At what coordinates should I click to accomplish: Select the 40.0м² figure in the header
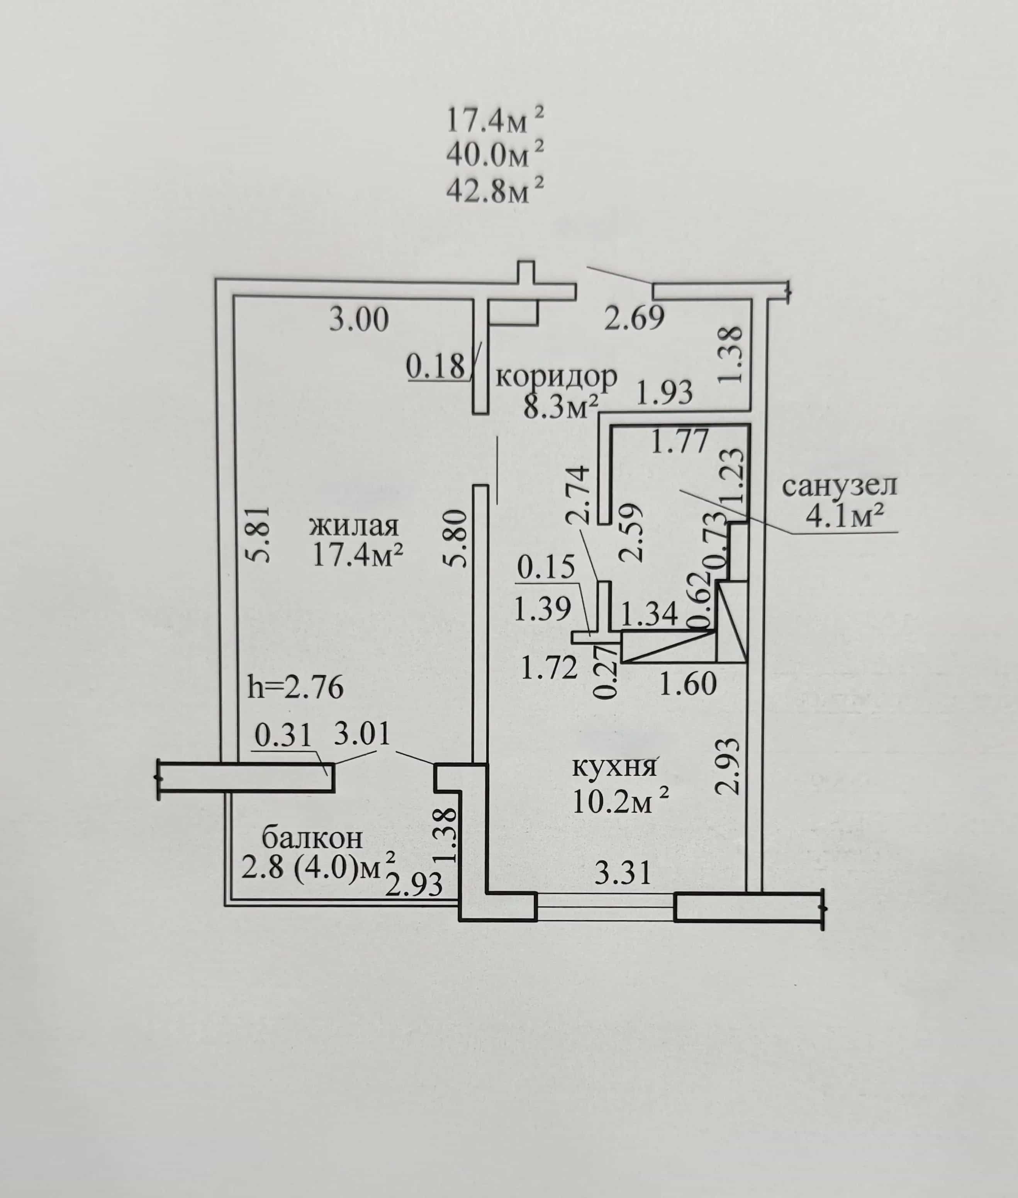coord(495,154)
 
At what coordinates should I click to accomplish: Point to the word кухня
coord(614,767)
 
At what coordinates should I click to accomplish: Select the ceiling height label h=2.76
coord(295,687)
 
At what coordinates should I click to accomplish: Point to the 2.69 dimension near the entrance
coord(634,318)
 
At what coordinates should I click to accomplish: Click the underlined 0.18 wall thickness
coord(436,367)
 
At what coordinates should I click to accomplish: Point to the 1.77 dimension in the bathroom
coord(680,443)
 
